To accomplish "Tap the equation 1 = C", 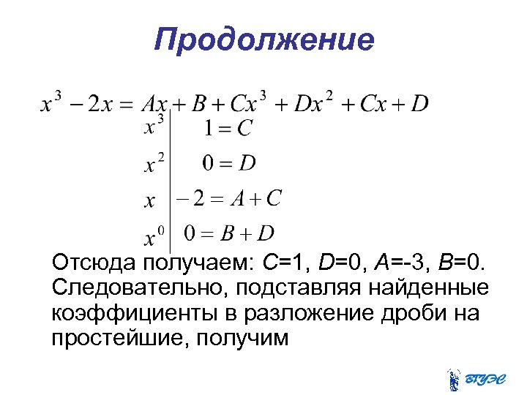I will point(228,129).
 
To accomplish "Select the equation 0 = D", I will point(229,163).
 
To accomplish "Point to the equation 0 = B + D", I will point(228,233).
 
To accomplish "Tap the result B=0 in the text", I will point(462,263).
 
